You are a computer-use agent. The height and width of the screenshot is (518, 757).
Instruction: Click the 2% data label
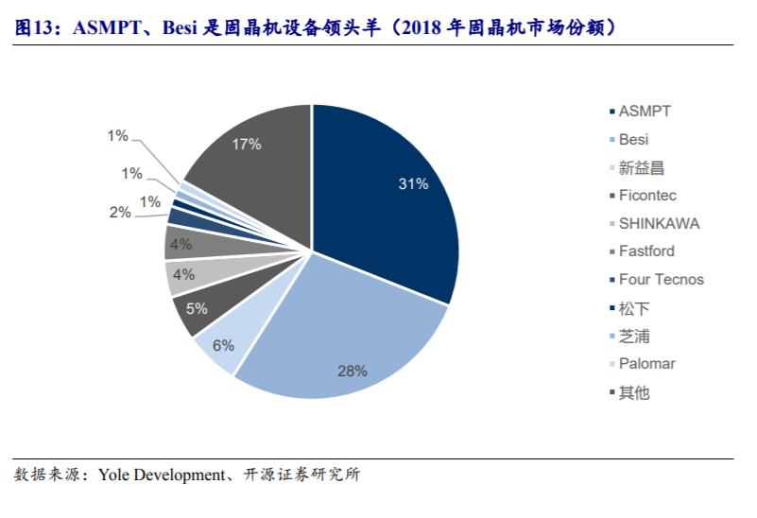pos(120,213)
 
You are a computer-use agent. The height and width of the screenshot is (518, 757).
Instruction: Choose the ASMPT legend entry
pos(645,112)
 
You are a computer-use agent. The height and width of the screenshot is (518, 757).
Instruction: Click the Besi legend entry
pos(633,140)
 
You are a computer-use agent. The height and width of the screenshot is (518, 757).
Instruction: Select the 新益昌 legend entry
pos(641,168)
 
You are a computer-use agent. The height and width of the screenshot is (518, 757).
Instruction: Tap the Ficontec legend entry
pos(647,196)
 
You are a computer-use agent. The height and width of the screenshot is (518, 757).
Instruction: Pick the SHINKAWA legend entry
pos(659,224)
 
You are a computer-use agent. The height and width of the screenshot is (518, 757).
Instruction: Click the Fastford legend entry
pos(646,251)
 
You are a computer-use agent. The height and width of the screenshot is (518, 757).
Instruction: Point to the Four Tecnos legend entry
pos(661,280)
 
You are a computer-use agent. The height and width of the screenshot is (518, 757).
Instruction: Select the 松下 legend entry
pos(634,308)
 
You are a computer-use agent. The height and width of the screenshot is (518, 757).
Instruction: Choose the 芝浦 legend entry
pos(634,337)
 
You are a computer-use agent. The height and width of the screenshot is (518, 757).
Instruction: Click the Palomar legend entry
pos(646,364)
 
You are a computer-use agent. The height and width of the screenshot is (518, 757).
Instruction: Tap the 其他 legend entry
pos(634,392)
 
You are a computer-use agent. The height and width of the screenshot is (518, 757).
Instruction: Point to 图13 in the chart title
pos(34,27)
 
